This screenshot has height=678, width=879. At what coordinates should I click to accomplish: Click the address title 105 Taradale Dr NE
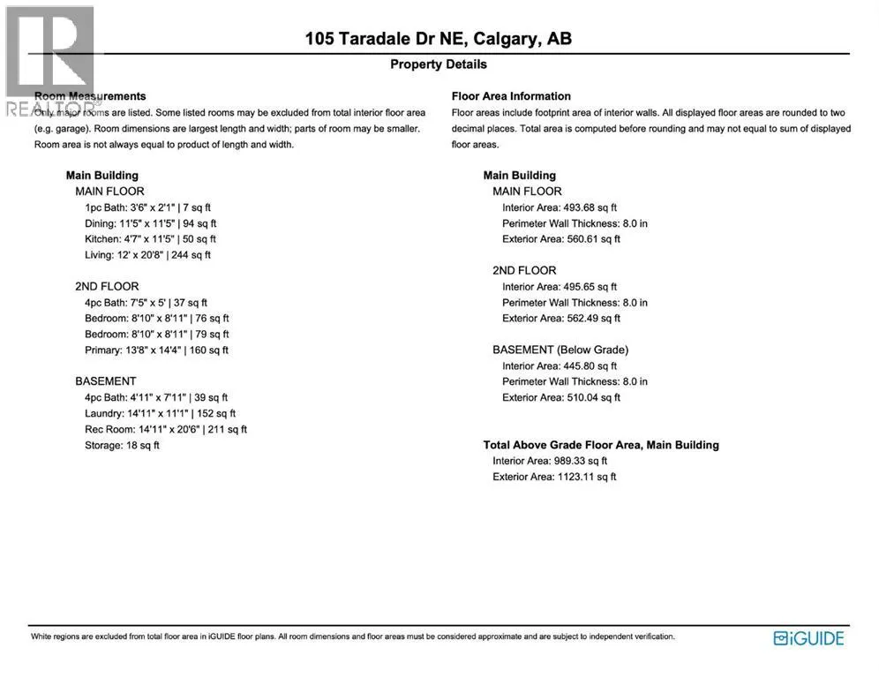pos(438,39)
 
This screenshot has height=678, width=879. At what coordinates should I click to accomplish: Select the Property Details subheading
pos(438,64)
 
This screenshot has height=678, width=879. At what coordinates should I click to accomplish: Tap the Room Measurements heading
pos(90,96)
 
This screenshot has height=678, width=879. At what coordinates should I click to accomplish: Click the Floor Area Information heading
pos(511,96)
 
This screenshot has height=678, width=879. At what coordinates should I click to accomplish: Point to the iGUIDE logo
pos(808,638)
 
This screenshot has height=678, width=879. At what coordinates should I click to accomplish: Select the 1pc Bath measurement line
pos(147,207)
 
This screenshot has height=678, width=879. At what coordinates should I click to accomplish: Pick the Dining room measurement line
pos(150,222)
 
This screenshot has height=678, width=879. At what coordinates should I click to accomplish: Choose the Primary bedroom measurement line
pos(156,350)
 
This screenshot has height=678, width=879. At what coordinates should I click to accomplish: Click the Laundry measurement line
pos(160,413)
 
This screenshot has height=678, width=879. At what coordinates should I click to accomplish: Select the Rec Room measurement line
pos(166,429)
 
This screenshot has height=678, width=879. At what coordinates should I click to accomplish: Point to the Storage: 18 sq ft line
pos(122,445)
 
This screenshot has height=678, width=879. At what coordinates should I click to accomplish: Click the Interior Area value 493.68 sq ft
pos(560,207)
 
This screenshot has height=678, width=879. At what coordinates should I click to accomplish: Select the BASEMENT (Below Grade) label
pos(560,350)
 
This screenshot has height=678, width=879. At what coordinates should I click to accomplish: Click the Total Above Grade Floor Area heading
pos(601,445)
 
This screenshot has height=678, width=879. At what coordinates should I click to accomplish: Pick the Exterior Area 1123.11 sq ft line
pos(554,477)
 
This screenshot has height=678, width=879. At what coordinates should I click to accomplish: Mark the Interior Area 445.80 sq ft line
pos(560,365)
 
